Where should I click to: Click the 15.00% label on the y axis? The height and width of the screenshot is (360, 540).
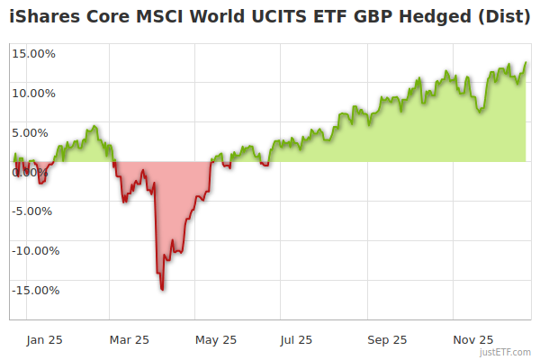34,53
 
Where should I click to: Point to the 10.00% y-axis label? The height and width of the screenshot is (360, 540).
34,93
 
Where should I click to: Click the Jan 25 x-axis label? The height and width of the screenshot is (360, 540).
43,339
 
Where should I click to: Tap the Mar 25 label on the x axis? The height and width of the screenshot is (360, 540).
129,339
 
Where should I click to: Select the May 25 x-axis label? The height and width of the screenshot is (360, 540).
216,339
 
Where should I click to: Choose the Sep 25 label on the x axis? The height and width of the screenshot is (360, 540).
387,339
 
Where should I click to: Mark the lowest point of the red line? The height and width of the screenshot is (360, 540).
162,289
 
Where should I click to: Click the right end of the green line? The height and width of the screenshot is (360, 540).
526,63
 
